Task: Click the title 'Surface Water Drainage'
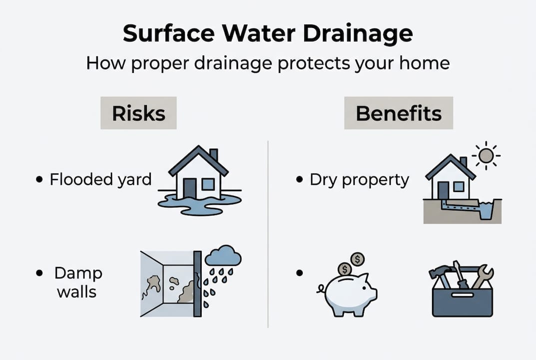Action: coord(268,34)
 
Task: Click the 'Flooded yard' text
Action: coord(100,179)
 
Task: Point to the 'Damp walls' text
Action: coord(78,282)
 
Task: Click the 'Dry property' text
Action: coord(359,179)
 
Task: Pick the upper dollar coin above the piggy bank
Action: coord(357,259)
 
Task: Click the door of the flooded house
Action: coord(190,188)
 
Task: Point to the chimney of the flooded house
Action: coord(213,154)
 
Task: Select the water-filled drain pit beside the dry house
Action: coord(486,209)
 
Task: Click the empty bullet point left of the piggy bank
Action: coord(300,273)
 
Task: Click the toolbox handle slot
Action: coord(463,295)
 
